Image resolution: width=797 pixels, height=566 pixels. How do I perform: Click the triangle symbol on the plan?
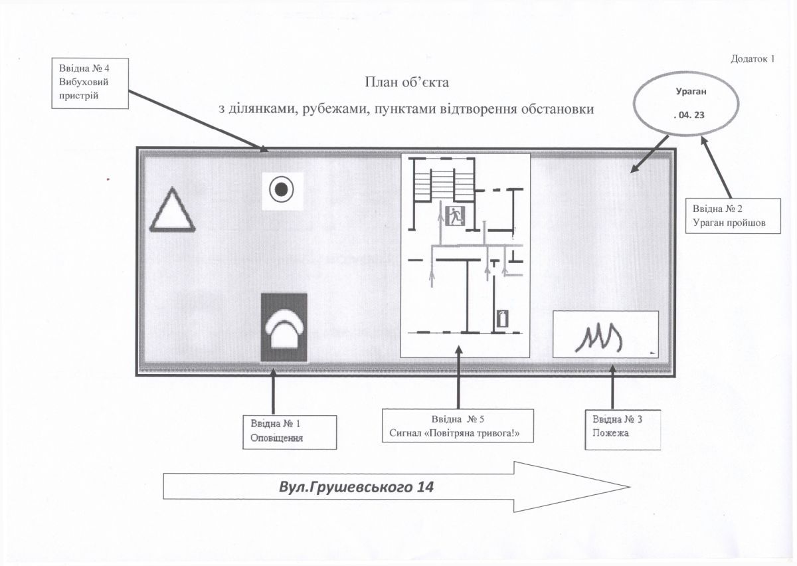[x=172, y=211]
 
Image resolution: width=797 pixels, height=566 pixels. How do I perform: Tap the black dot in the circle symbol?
[x=281, y=189]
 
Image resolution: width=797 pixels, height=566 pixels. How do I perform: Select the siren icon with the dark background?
[x=284, y=328]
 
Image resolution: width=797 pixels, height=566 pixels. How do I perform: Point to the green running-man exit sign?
[x=456, y=216]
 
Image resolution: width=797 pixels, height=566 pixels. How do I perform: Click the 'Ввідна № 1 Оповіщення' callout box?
[x=290, y=431]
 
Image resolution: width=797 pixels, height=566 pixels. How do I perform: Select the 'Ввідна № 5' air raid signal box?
[x=458, y=427]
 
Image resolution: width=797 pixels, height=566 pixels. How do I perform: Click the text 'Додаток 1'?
[x=753, y=59]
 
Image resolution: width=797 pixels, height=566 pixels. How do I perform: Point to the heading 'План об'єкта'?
[x=407, y=83]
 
